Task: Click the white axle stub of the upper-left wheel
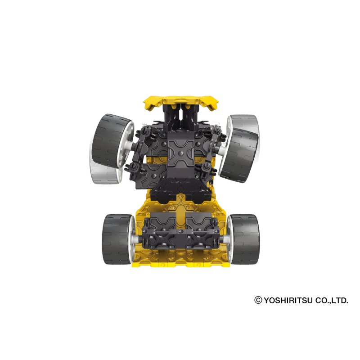(x=130, y=145)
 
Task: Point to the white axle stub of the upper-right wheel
(x=222, y=151)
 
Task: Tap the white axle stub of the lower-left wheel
(x=136, y=239)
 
